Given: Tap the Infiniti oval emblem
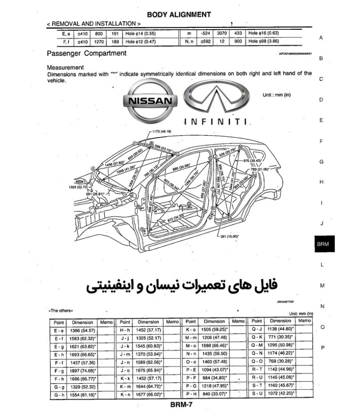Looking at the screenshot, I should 216,98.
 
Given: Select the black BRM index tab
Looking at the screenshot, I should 323,244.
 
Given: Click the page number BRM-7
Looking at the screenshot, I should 181,404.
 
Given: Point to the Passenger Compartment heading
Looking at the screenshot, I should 86,54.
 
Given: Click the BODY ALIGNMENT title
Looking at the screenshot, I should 179,14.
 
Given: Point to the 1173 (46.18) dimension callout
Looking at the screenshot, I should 162,131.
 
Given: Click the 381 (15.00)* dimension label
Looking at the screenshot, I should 229,236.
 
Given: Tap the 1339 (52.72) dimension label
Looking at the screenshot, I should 77,186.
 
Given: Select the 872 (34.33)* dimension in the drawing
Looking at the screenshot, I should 177,218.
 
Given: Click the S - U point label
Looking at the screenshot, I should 257,394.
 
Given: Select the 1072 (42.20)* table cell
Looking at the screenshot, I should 280,394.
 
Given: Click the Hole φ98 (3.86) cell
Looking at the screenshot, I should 263,41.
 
